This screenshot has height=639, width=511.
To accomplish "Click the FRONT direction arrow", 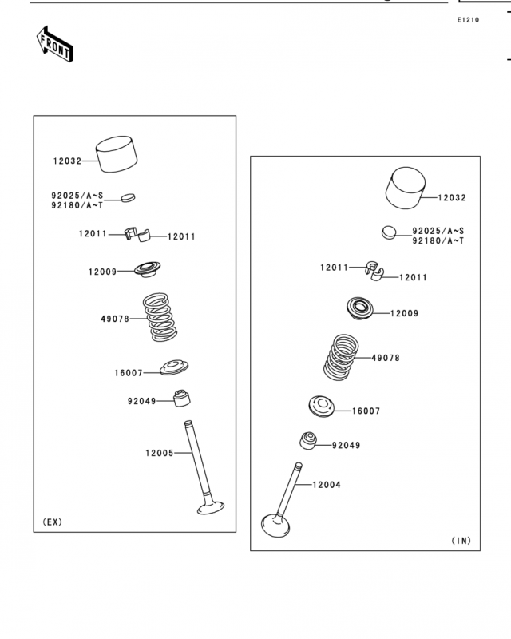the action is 54,44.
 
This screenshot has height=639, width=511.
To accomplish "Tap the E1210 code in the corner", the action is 468,19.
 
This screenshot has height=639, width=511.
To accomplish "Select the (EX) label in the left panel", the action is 53,522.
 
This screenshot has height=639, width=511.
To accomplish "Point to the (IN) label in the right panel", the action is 461,541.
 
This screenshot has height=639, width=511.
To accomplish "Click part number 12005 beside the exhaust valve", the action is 160,453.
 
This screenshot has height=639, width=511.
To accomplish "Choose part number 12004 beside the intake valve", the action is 327,485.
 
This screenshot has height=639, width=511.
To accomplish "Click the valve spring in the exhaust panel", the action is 160,316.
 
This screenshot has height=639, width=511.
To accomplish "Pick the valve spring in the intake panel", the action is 341,357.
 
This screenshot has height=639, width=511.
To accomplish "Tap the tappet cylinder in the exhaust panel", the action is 117,154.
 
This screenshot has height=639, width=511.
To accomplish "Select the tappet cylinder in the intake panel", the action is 406,188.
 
